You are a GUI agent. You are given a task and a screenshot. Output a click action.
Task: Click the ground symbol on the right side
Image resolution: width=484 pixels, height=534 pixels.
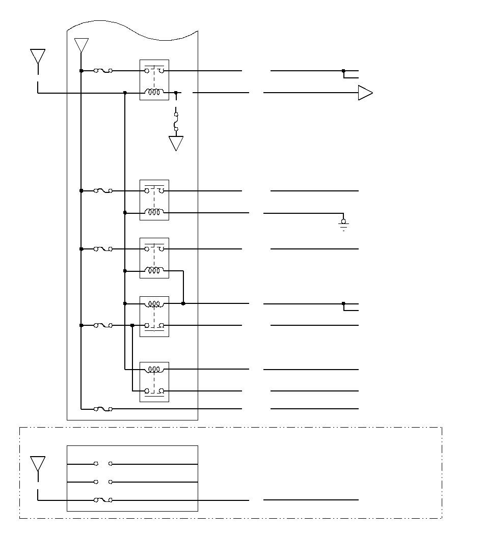point(343,224)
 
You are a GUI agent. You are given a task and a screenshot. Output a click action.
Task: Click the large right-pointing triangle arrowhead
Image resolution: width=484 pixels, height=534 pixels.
point(365,93)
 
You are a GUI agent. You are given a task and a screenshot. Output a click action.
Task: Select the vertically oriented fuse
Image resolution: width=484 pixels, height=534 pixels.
point(176,122)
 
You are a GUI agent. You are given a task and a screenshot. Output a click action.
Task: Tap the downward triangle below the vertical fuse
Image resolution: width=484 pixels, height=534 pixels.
point(176,143)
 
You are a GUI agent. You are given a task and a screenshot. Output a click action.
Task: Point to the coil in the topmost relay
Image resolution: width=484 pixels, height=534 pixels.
point(154,93)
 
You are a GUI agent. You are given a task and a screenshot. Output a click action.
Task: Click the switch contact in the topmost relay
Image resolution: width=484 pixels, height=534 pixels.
point(154,71)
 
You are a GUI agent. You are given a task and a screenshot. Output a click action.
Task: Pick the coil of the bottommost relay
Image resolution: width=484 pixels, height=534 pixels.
point(154,369)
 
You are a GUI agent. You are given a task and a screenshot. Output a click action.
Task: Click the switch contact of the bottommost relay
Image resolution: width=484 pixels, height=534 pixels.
point(154,391)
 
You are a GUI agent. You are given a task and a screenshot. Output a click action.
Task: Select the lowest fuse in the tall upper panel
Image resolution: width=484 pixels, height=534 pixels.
point(103,409)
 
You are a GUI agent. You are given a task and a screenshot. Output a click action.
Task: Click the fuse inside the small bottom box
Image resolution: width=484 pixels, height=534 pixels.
point(103,500)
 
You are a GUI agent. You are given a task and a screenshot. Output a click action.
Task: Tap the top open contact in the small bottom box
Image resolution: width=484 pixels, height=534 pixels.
point(103,464)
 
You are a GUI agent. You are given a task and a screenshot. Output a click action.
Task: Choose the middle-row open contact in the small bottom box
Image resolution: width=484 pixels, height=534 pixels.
point(103,482)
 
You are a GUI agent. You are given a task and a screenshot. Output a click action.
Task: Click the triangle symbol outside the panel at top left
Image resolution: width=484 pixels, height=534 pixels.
point(38,55)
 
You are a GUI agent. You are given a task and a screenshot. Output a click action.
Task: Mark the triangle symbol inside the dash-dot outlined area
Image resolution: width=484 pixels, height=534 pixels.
point(38,463)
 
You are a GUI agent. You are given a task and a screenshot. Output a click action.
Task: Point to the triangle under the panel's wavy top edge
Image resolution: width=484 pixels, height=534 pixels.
point(81,45)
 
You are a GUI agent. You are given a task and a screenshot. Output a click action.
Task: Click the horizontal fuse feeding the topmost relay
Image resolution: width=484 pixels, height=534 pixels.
point(103,71)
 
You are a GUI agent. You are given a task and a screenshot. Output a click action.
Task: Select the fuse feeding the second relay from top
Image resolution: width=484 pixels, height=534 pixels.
point(103,191)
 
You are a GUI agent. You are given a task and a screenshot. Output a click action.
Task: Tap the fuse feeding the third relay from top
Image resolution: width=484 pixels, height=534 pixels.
point(103,249)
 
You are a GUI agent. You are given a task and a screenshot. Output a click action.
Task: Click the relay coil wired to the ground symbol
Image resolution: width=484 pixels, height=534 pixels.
point(154,213)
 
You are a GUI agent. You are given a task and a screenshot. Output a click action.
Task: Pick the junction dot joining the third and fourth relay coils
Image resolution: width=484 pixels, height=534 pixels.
point(183,303)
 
